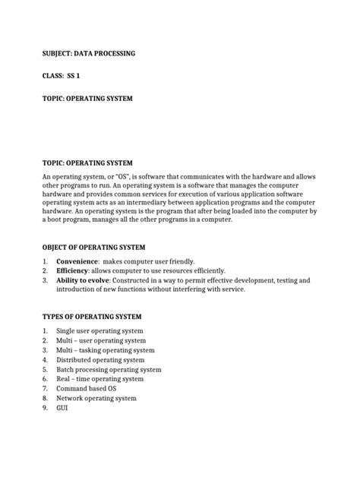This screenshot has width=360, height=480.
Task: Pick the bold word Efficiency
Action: (x=76, y=270)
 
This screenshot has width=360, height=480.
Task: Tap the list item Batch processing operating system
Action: (x=112, y=369)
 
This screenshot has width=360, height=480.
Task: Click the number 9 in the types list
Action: (x=46, y=407)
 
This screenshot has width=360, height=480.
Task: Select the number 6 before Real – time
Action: (x=46, y=378)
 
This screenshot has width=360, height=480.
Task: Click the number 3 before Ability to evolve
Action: (x=46, y=280)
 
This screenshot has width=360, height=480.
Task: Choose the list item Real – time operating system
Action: (x=103, y=378)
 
